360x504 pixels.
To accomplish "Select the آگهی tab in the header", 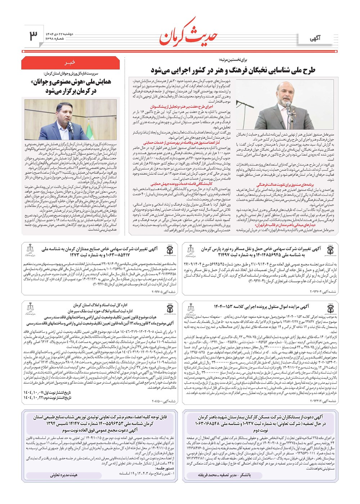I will pos(315,38).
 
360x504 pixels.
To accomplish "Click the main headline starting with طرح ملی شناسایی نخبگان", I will pos(233,70).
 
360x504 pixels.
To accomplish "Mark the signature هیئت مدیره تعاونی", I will pos(64,475).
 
